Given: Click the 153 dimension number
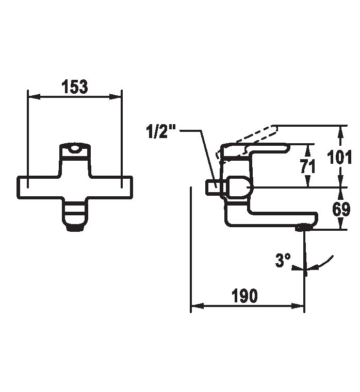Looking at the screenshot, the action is [75, 87].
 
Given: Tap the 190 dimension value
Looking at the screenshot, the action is [244, 296].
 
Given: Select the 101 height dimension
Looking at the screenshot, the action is [339, 157].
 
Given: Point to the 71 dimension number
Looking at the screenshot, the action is [308, 166].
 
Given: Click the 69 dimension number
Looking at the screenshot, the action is [341, 209].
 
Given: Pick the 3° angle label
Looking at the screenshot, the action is [283, 260].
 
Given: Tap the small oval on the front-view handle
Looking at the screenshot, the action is [75, 149].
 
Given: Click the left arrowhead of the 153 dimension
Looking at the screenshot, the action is [34, 97].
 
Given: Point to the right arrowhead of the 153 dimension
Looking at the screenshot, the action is [115, 97].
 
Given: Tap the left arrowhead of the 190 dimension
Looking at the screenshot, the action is [197, 306].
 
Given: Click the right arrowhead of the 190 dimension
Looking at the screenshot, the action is [298, 306].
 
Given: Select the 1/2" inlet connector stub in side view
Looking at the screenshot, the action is [212, 188].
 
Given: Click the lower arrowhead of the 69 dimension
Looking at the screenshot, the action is [340, 223].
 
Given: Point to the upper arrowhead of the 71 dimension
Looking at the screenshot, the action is [308, 150].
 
